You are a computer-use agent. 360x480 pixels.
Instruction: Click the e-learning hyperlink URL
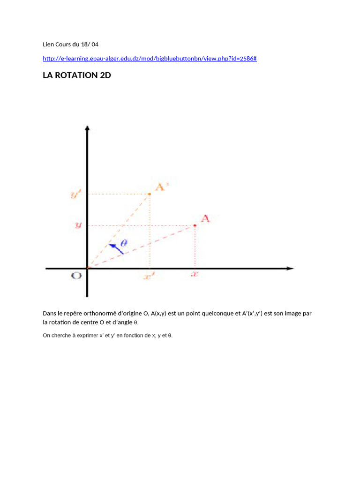[x=150, y=59]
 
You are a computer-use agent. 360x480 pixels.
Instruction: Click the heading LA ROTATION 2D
[x=77, y=75]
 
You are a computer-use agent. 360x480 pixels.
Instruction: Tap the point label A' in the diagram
[x=162, y=187]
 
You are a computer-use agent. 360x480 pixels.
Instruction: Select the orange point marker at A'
[x=150, y=194]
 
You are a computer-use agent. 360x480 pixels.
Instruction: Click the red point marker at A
[x=195, y=225]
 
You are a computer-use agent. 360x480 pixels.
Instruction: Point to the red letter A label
[x=205, y=218]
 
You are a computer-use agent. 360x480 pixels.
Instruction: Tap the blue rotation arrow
[x=116, y=248]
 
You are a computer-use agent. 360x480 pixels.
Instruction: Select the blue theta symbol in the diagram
[x=124, y=242]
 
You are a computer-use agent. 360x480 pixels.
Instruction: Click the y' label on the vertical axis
[x=76, y=194]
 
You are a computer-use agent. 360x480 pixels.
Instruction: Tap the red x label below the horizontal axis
[x=195, y=275]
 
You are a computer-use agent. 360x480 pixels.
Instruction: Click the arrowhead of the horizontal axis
[x=290, y=268]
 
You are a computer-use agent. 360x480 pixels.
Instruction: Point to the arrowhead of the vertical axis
[x=87, y=128]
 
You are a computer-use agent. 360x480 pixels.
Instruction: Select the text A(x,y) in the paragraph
[x=159, y=313]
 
